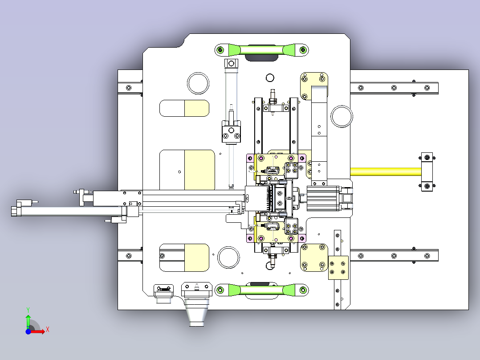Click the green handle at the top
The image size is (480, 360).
coord(262,50)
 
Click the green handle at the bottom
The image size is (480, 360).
coord(262,290)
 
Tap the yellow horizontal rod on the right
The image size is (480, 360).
coord(386,172)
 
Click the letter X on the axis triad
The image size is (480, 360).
coord(48,330)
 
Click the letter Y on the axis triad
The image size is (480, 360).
coord(28,310)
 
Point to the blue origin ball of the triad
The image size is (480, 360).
coord(28,331)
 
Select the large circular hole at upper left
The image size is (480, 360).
coord(198,83)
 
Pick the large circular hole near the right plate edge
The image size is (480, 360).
coord(342,116)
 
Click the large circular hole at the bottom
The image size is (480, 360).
coord(228,257)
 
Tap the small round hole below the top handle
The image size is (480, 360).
coord(270,78)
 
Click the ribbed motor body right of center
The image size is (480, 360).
coord(323,199)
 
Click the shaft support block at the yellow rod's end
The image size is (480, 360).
coord(427,172)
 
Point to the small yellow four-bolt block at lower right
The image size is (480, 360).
coord(338,268)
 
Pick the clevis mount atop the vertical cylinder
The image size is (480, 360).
coord(231,63)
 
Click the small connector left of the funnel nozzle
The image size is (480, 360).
coord(163,293)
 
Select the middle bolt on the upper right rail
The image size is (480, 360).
coord(394,88)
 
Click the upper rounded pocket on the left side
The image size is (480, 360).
coord(184,108)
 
